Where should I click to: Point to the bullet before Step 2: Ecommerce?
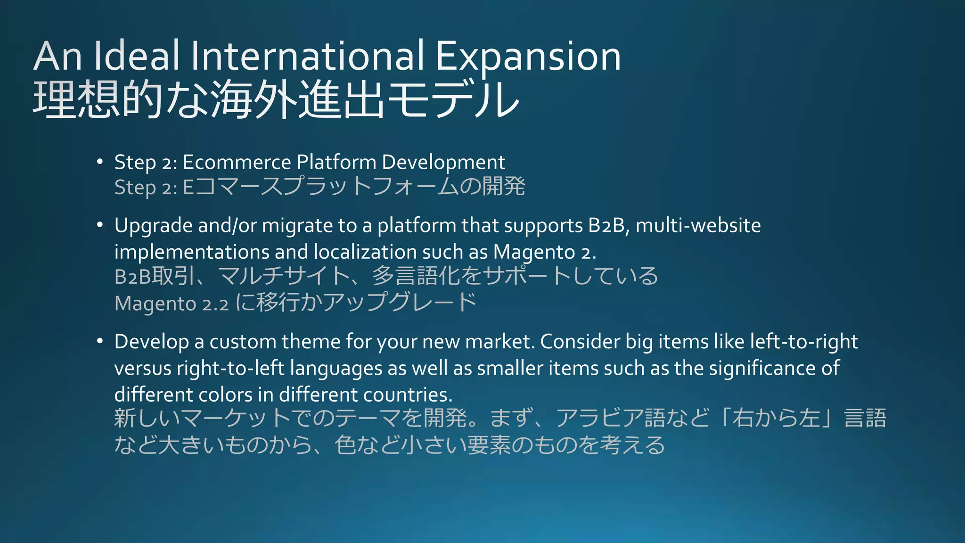(x=99, y=162)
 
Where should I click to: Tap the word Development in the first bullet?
(x=443, y=163)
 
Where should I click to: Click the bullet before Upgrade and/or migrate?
(x=99, y=225)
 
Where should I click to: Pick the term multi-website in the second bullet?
(x=698, y=225)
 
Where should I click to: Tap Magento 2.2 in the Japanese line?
(x=172, y=303)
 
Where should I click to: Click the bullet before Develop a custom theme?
(x=99, y=341)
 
